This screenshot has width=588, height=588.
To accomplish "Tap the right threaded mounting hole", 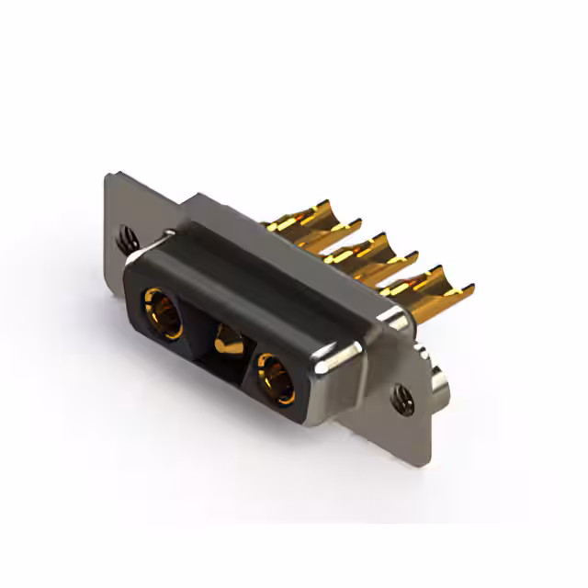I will (x=401, y=397).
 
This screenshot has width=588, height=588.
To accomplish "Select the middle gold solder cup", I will (x=367, y=252).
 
